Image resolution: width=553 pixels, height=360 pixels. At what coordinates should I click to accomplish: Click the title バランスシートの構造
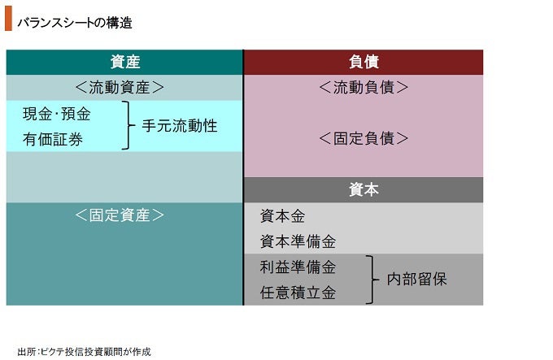[x=75, y=23]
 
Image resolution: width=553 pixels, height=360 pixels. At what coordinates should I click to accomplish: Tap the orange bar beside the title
[x=8, y=19]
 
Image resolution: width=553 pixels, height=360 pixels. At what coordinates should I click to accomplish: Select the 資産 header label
[x=125, y=62]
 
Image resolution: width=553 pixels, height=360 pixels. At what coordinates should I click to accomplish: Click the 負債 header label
[x=364, y=62]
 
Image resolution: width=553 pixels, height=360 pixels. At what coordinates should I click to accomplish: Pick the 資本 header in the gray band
[x=364, y=189]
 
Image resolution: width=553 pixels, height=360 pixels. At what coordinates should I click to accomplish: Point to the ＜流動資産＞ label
[x=120, y=87]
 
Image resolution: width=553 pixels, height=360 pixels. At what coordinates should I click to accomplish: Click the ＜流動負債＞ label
[x=364, y=87]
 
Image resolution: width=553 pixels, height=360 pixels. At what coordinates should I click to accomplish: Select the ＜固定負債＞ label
[x=364, y=138]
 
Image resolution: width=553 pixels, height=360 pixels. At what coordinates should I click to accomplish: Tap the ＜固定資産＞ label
[x=120, y=215]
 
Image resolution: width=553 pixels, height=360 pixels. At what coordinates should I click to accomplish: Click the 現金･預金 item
[x=57, y=114]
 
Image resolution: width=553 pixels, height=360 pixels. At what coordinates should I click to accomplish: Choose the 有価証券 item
[x=53, y=139]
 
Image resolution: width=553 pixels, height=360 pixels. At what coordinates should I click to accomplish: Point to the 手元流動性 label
[x=180, y=126]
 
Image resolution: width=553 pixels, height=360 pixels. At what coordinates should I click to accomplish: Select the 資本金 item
[x=282, y=216]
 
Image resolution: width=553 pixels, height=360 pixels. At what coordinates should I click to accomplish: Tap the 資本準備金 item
[x=298, y=241]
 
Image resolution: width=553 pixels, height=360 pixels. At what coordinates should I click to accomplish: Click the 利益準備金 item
[x=298, y=267]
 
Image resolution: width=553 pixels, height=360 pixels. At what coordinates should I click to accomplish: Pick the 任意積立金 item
[x=298, y=293]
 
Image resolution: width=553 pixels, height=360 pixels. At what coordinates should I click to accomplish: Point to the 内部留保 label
[x=417, y=280]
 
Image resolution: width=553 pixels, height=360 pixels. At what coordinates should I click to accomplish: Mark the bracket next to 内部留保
[x=372, y=280]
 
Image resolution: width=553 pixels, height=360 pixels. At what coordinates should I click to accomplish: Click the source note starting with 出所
[x=85, y=352]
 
